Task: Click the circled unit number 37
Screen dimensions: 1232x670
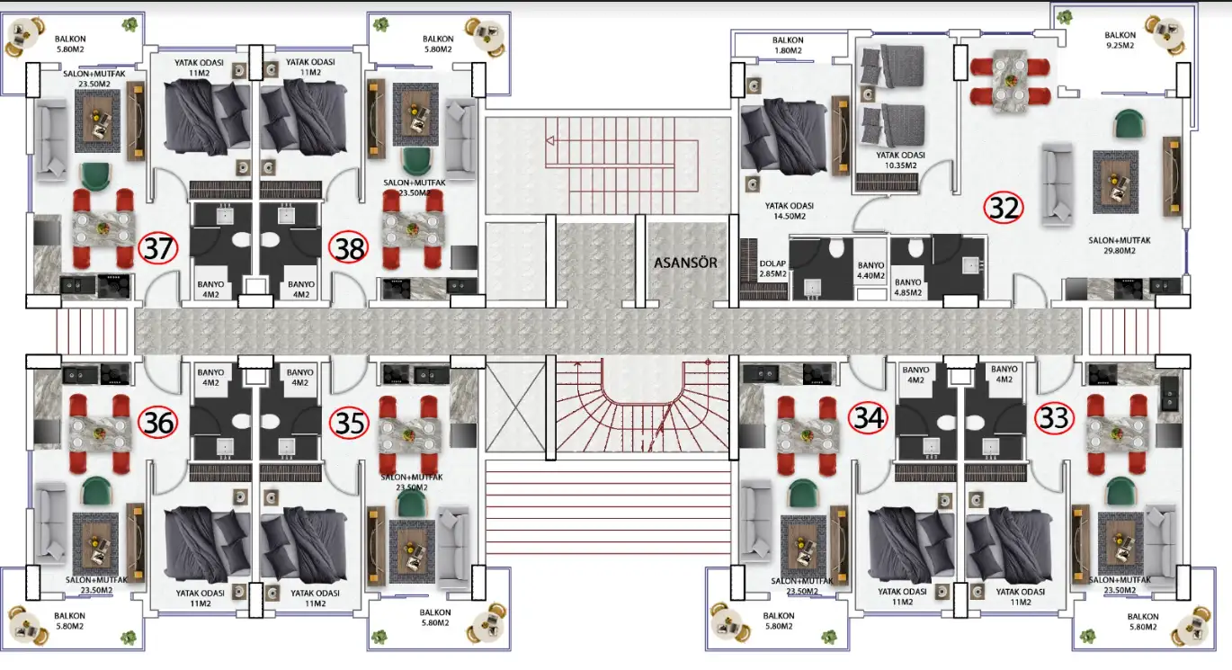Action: coord(158,248)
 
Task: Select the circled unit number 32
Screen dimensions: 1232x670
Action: coord(1004,208)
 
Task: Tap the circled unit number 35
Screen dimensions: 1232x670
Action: coord(349,424)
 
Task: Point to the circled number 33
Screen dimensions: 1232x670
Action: coord(1055,418)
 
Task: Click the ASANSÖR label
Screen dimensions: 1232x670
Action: coord(685,263)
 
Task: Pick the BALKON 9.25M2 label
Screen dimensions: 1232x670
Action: coord(1120,40)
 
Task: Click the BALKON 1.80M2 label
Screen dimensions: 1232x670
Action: coord(788,45)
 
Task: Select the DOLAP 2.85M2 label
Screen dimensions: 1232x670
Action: coord(772,268)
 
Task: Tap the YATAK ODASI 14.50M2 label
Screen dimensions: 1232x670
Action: coord(790,210)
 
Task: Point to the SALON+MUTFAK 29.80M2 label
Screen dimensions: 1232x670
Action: coord(1120,246)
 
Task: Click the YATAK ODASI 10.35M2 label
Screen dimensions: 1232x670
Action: coord(900,160)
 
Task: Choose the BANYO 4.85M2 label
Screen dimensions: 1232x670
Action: coord(907,287)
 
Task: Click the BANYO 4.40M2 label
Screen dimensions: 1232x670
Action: coord(870,270)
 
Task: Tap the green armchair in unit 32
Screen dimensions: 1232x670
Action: coord(1129,123)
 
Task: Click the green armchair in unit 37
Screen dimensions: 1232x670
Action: coord(96,175)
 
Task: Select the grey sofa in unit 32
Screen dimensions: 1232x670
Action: coord(1057,185)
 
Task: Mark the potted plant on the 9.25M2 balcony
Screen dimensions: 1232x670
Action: coord(1064,17)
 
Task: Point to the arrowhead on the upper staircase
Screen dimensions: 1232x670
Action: coord(550,141)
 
